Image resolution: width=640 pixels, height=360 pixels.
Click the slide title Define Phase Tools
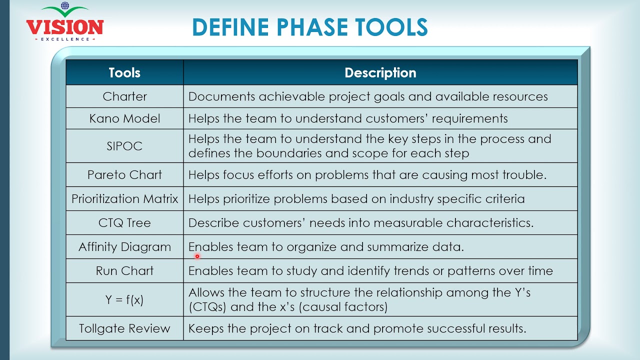point(309,27)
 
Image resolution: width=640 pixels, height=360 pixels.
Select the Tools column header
point(124,72)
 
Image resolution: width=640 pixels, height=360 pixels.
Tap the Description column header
point(380,72)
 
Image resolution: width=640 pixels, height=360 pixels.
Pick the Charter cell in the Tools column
point(124,96)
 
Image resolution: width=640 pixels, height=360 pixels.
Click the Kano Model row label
point(124,118)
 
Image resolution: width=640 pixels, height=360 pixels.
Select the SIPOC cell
point(124,146)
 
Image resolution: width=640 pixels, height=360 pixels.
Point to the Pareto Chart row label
point(124,174)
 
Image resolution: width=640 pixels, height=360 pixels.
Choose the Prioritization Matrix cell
point(124,198)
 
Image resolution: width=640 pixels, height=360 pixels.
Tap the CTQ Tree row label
point(124,222)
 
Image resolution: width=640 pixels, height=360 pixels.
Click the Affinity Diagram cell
point(124,246)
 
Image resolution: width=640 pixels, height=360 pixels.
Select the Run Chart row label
point(124,270)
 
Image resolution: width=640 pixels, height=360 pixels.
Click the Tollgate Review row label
point(124,328)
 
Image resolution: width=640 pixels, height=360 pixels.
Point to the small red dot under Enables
point(197,256)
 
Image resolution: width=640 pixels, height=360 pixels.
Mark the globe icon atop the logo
point(64,6)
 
